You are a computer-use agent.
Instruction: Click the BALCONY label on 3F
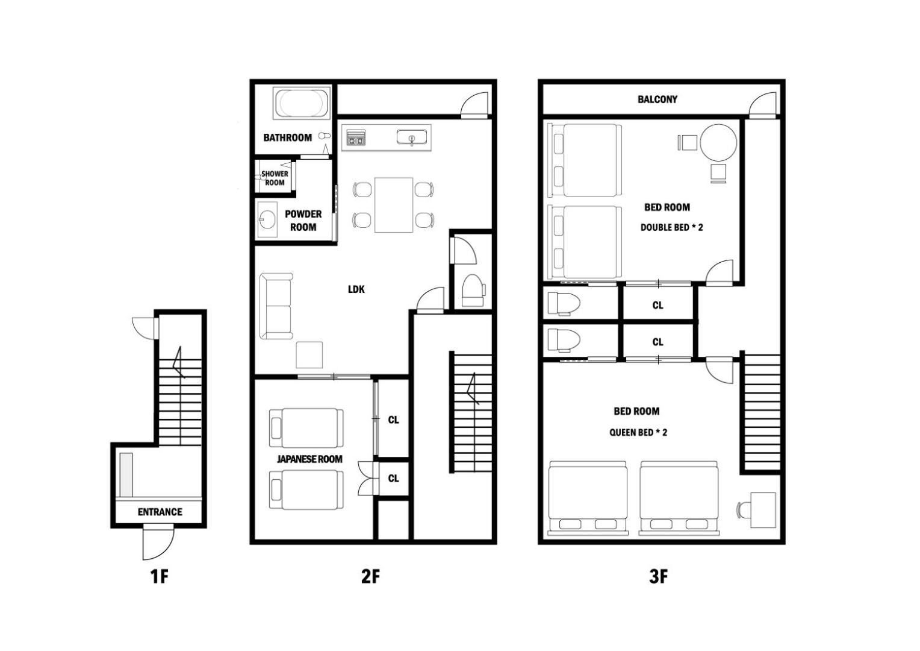pyautogui.click(x=657, y=99)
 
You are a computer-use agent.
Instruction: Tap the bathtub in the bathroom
pyautogui.click(x=302, y=103)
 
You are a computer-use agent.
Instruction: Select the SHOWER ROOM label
pyautogui.click(x=275, y=178)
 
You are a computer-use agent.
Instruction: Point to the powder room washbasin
pyautogui.click(x=267, y=219)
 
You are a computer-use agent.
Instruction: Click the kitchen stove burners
pyautogui.click(x=356, y=138)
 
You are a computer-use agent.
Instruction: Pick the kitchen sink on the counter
pyautogui.click(x=412, y=137)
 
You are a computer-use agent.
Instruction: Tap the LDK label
pyautogui.click(x=356, y=289)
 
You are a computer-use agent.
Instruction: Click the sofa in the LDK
pyautogui.click(x=276, y=306)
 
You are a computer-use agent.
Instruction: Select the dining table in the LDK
pyautogui.click(x=393, y=205)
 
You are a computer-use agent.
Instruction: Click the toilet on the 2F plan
pyautogui.click(x=473, y=291)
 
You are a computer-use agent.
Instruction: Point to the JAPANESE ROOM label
pyautogui.click(x=309, y=459)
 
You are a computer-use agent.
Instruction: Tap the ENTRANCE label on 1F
pyautogui.click(x=160, y=512)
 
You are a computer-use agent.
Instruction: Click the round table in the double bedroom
pyautogui.click(x=718, y=143)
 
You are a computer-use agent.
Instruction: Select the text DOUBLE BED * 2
pyautogui.click(x=671, y=227)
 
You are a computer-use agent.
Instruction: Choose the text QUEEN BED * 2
pyautogui.click(x=638, y=432)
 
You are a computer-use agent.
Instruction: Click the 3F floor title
pyautogui.click(x=658, y=576)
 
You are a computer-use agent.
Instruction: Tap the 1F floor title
pyautogui.click(x=160, y=576)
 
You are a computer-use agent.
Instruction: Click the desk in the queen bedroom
pyautogui.click(x=763, y=511)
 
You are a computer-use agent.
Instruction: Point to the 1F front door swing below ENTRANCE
pyautogui.click(x=158, y=544)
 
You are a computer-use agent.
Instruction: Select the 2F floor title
pyautogui.click(x=370, y=576)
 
